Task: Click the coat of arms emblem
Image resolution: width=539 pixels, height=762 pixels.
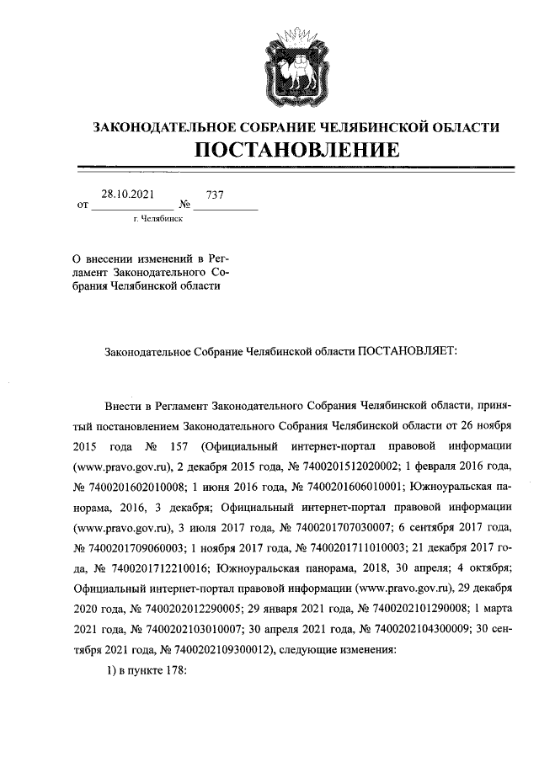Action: (295, 66)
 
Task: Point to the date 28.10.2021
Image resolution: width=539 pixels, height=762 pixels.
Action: (128, 194)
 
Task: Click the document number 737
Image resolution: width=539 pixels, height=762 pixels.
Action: (216, 194)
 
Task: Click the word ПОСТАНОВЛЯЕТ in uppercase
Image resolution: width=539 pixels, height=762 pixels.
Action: (407, 351)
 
